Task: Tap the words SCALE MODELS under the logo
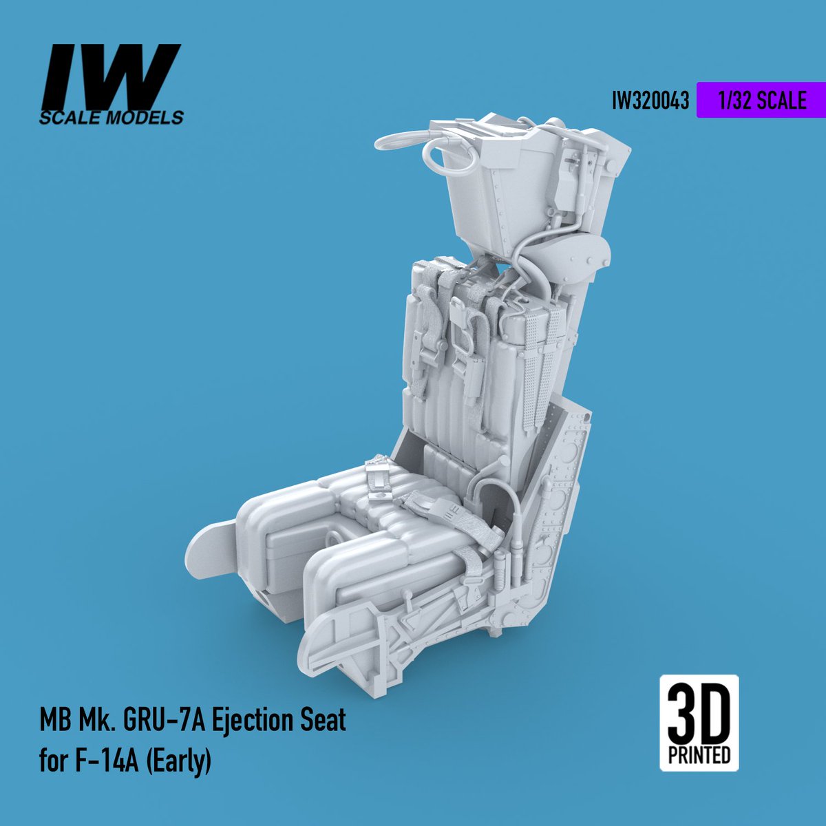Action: point(112,118)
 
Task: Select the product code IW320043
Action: point(650,101)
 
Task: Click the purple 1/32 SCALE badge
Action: point(761,100)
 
